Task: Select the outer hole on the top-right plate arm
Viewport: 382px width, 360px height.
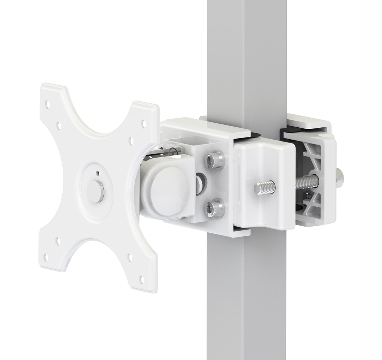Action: point(144,122)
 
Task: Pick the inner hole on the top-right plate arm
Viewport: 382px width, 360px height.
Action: point(131,140)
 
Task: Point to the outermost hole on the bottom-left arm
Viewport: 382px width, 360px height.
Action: point(46,257)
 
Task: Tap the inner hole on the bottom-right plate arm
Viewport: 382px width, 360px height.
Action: point(129,257)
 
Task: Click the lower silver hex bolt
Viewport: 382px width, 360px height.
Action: point(216,208)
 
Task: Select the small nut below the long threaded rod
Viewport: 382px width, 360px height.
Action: point(307,195)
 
